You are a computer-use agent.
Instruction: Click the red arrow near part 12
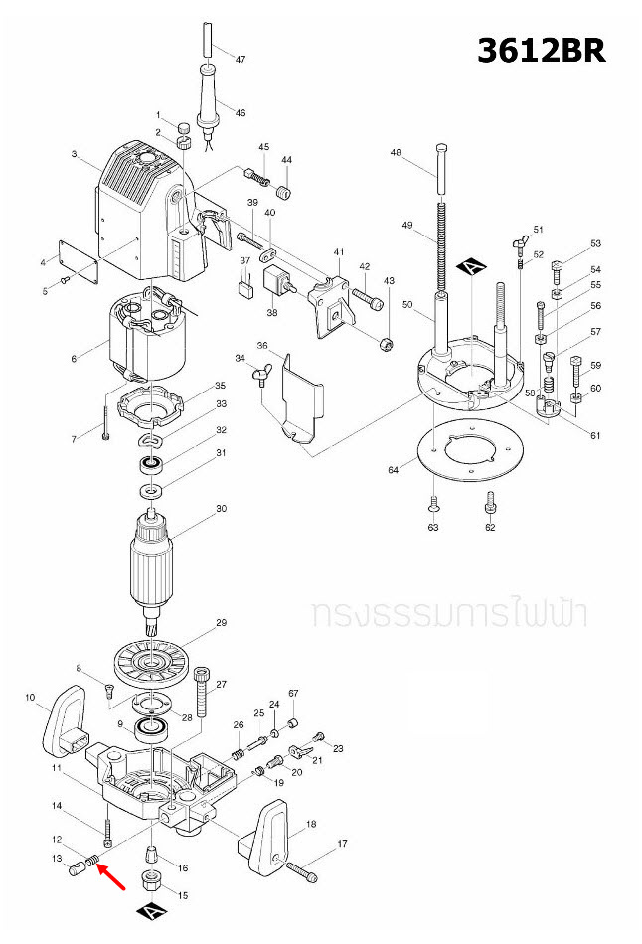pos(111,877)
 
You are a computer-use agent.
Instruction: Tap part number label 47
pos(240,60)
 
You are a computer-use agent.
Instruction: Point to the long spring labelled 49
pos(438,249)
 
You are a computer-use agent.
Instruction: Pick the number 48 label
pos(396,153)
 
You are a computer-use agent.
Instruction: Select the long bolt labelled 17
pos(301,871)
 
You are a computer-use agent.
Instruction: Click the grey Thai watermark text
pos(448,613)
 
